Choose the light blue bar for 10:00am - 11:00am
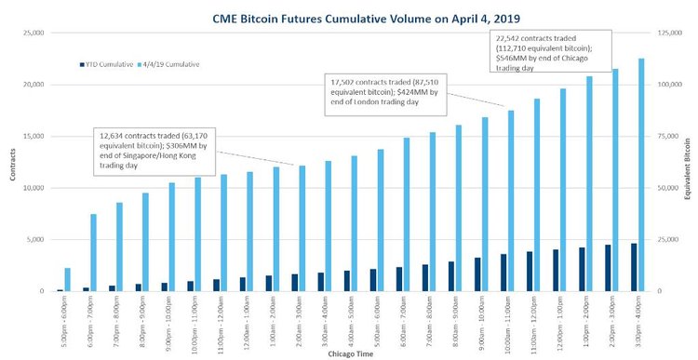click(511, 200)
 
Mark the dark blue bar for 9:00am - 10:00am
click(477, 273)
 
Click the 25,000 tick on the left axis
click(32, 33)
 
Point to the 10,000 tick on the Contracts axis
click(32, 188)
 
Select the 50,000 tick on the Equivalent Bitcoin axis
click(670, 188)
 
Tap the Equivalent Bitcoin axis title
click(691, 162)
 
